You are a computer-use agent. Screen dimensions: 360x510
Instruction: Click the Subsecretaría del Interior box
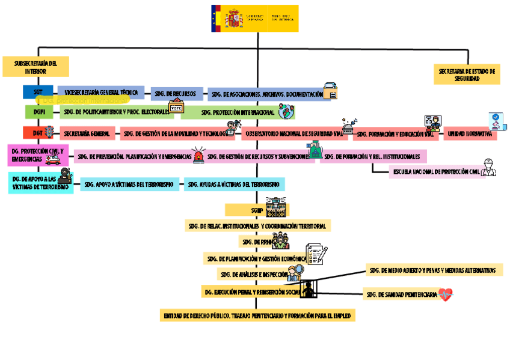[35, 67]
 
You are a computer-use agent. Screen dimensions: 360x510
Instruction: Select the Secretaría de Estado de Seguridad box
[467, 75]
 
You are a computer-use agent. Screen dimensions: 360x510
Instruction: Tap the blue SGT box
[38, 92]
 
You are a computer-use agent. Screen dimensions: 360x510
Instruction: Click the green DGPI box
[39, 112]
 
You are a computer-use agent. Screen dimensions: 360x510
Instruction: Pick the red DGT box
[37, 133]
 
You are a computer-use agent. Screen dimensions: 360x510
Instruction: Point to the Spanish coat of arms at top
[233, 19]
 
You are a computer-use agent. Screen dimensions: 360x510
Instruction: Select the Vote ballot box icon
[176, 108]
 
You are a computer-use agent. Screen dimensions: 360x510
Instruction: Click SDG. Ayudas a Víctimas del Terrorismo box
[235, 184]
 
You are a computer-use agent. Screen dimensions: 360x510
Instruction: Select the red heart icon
[445, 294]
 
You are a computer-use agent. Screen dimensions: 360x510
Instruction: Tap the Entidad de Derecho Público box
[259, 316]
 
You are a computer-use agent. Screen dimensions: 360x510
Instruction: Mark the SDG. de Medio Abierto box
[434, 270]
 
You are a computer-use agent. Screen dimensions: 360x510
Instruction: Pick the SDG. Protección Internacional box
[238, 112]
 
